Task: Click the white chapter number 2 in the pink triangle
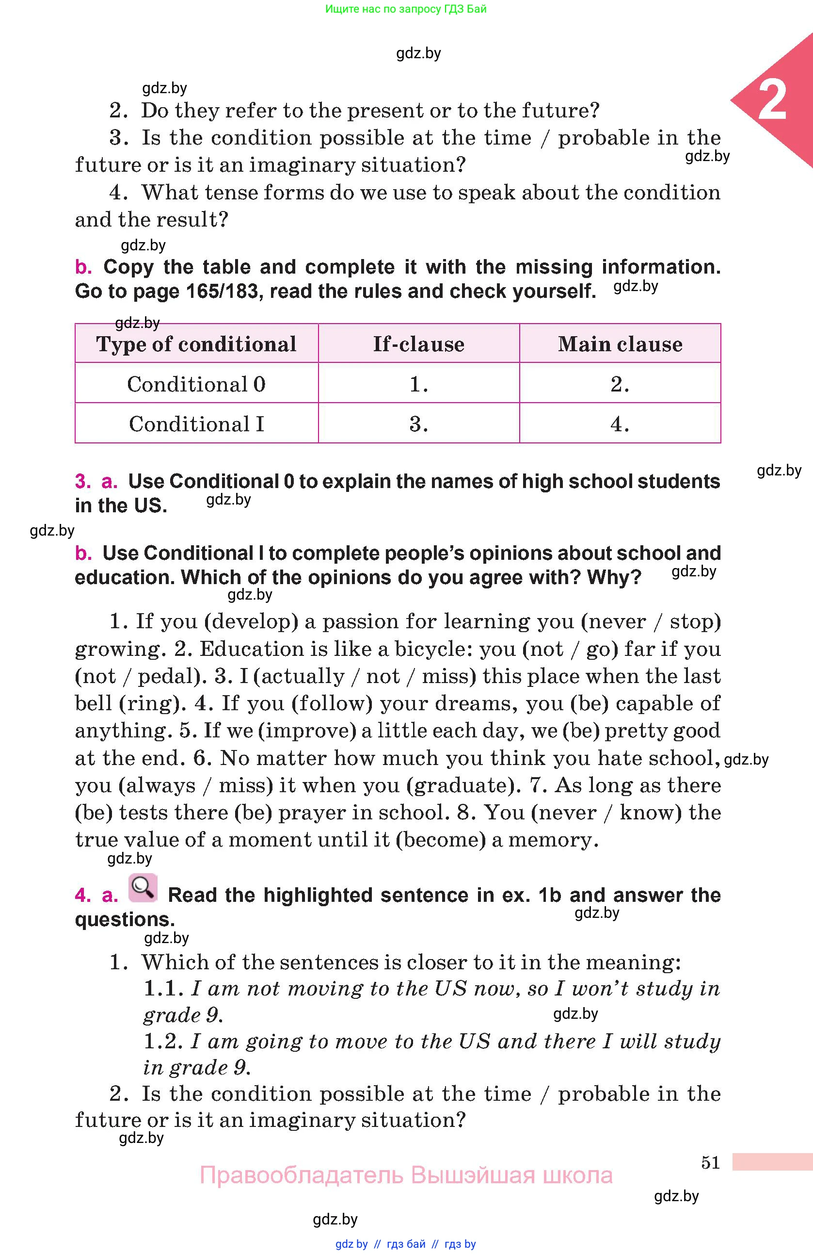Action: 772,100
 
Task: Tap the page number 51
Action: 710,1162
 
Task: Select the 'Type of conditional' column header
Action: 196,344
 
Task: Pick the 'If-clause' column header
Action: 419,344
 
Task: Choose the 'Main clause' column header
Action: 620,344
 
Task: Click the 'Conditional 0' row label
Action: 196,384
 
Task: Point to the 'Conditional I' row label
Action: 196,424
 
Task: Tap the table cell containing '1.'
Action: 419,384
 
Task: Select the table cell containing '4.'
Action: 620,424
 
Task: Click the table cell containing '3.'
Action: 419,424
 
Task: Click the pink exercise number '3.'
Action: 83,481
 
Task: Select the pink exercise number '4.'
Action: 83,895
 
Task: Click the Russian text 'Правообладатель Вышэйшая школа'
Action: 406,1175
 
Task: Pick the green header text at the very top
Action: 406,8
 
